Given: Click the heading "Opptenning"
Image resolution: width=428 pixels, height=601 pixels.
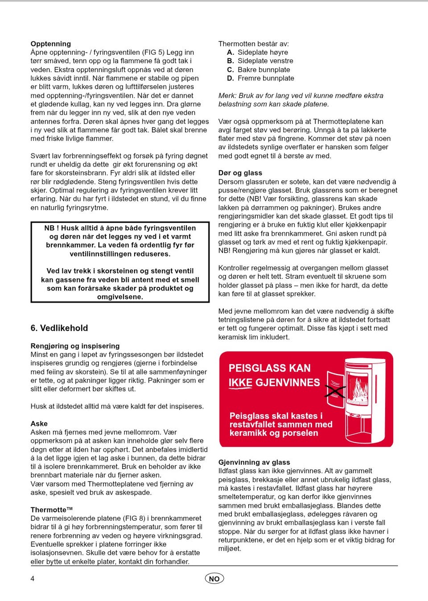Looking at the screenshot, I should tap(50, 44).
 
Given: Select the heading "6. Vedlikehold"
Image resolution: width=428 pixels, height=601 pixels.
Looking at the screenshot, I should tap(59, 328).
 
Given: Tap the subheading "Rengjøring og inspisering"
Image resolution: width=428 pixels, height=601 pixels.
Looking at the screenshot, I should tap(75, 346).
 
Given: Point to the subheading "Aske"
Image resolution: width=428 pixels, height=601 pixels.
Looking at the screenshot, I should tap(39, 423).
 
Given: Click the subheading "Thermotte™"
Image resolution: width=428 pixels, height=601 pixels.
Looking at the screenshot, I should tap(51, 510).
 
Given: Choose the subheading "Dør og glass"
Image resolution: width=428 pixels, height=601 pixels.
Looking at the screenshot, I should tap(240, 173).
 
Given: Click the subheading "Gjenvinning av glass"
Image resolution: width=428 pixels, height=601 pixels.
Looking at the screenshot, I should tap(254, 462).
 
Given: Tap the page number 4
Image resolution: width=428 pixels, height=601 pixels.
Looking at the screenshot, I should tap(33, 578).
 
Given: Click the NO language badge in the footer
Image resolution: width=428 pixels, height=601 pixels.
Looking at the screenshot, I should tap(214, 578).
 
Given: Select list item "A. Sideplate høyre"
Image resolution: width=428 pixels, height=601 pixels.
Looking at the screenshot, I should tap(258, 52).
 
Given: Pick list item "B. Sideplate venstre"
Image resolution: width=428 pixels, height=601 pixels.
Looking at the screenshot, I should tap(260, 61).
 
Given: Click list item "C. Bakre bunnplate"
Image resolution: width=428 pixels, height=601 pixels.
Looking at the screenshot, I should tap(259, 70).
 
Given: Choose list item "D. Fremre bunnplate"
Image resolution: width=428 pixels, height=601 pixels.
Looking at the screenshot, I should tap(261, 78).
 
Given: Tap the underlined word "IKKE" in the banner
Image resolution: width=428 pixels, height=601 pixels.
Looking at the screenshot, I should tap(241, 383).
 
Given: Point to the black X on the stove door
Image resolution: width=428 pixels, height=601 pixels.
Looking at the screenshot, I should tap(335, 391).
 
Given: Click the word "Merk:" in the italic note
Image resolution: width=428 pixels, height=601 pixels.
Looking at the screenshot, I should tap(227, 95).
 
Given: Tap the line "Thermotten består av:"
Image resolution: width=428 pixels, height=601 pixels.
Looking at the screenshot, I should tap(253, 44).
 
